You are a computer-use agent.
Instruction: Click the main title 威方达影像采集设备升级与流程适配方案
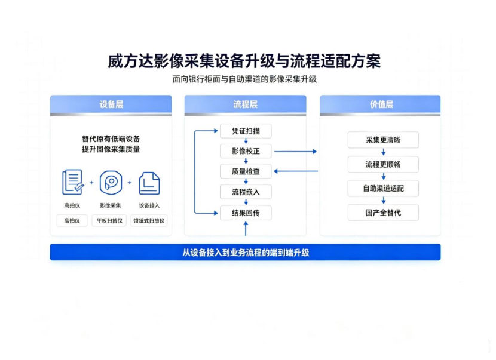click(x=244, y=61)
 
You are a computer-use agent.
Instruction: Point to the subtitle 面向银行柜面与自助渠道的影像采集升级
click(x=244, y=79)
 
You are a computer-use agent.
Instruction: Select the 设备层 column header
click(x=111, y=104)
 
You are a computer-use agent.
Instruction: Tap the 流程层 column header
click(x=245, y=104)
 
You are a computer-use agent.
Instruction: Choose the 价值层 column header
click(x=380, y=104)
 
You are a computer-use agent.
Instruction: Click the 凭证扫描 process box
click(x=246, y=131)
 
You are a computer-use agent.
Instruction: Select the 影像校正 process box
click(x=246, y=151)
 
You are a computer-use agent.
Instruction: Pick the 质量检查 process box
click(x=246, y=171)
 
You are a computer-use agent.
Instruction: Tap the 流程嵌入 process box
click(x=246, y=192)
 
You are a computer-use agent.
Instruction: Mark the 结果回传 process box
click(x=246, y=213)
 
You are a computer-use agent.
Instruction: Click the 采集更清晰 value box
click(x=383, y=140)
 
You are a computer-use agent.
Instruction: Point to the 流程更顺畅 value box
click(x=383, y=164)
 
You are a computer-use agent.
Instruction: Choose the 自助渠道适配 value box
click(x=383, y=189)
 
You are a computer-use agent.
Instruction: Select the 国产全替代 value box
click(x=383, y=213)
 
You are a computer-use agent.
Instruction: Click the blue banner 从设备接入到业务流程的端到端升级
click(x=245, y=252)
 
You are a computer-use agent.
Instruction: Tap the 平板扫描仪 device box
click(x=109, y=221)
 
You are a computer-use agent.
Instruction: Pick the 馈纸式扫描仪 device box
click(x=149, y=221)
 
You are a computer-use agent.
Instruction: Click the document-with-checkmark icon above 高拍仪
click(x=73, y=182)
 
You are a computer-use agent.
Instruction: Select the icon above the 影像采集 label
click(x=111, y=183)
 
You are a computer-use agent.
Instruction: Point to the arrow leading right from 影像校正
click(x=295, y=152)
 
